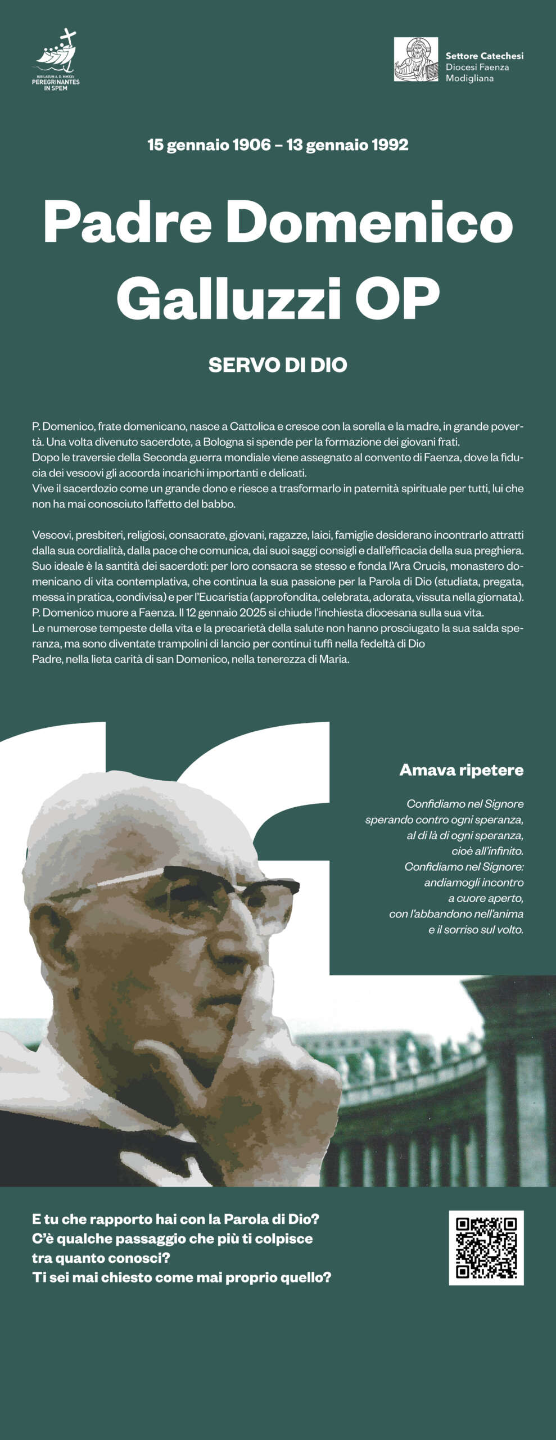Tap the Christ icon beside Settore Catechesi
(415, 60)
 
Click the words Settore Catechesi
(484, 56)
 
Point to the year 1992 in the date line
(390, 145)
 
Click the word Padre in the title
(127, 223)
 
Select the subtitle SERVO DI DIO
(278, 365)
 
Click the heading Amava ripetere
(461, 770)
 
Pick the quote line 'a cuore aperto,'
(486, 898)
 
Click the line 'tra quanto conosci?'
(101, 1258)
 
